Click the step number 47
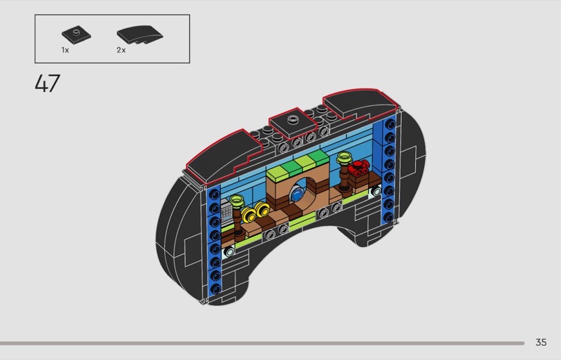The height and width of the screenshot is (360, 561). [x=48, y=84]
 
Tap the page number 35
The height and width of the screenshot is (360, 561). [x=541, y=342]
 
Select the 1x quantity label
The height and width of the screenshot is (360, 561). [x=65, y=50]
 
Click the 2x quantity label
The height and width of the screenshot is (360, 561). [x=121, y=50]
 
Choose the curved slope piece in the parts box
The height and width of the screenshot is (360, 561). [x=140, y=34]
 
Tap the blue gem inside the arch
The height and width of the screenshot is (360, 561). [x=297, y=195]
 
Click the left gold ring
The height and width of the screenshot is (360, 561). [x=248, y=215]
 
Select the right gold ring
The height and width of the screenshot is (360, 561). [x=262, y=210]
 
